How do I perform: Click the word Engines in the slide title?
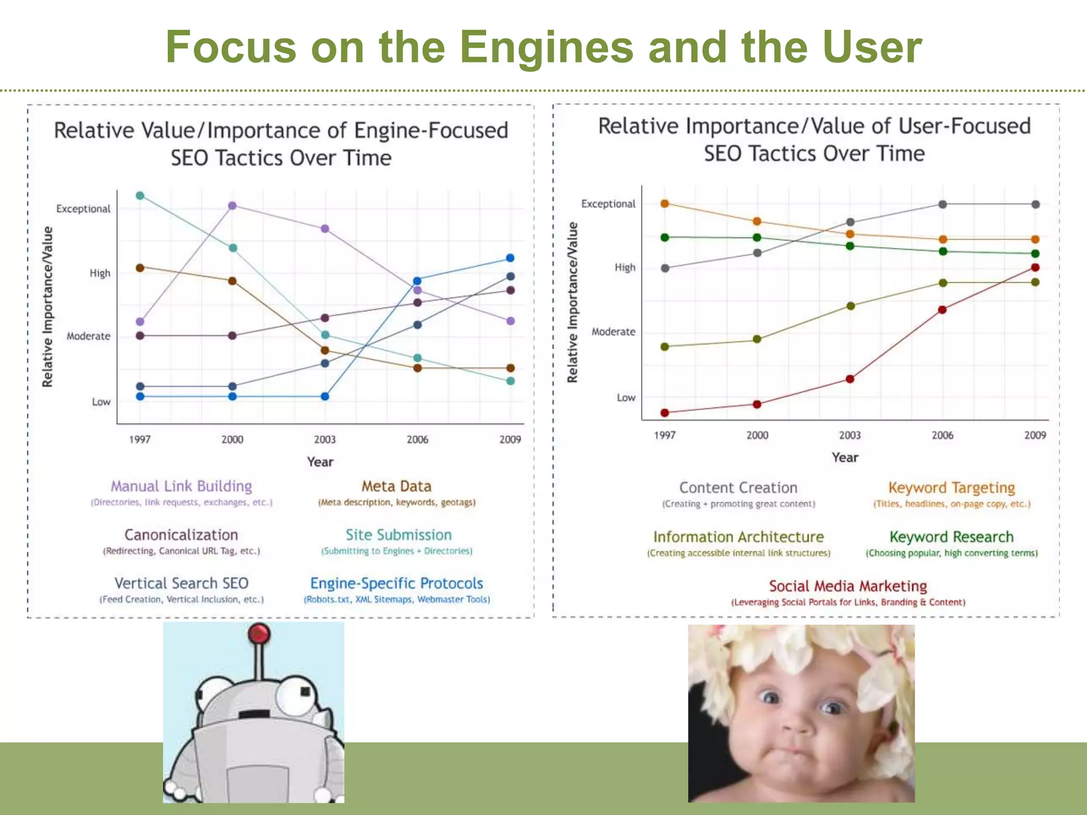pyautogui.click(x=547, y=48)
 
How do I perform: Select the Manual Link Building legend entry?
pyautogui.click(x=181, y=487)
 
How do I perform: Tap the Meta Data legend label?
pyautogui.click(x=396, y=487)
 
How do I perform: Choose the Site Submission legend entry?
pyautogui.click(x=399, y=535)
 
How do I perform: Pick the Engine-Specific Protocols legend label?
pyautogui.click(x=396, y=583)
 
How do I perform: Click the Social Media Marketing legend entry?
pyautogui.click(x=848, y=586)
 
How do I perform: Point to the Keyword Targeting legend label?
pyautogui.click(x=952, y=488)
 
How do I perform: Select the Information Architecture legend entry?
pyautogui.click(x=738, y=537)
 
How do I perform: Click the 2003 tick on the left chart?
pyautogui.click(x=325, y=439)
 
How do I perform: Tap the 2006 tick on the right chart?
pyautogui.click(x=942, y=435)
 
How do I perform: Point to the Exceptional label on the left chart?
pyautogui.click(x=83, y=209)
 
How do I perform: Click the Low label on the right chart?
pyautogui.click(x=626, y=397)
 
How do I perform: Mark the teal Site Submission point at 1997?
pyautogui.click(x=140, y=196)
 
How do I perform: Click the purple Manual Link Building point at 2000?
pyautogui.click(x=232, y=205)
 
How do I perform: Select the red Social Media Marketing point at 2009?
pyautogui.click(x=1035, y=267)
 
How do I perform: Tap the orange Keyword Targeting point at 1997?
pyautogui.click(x=665, y=203)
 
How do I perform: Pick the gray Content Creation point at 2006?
pyautogui.click(x=943, y=204)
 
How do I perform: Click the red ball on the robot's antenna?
pyautogui.click(x=259, y=633)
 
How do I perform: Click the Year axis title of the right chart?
pyautogui.click(x=844, y=457)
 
